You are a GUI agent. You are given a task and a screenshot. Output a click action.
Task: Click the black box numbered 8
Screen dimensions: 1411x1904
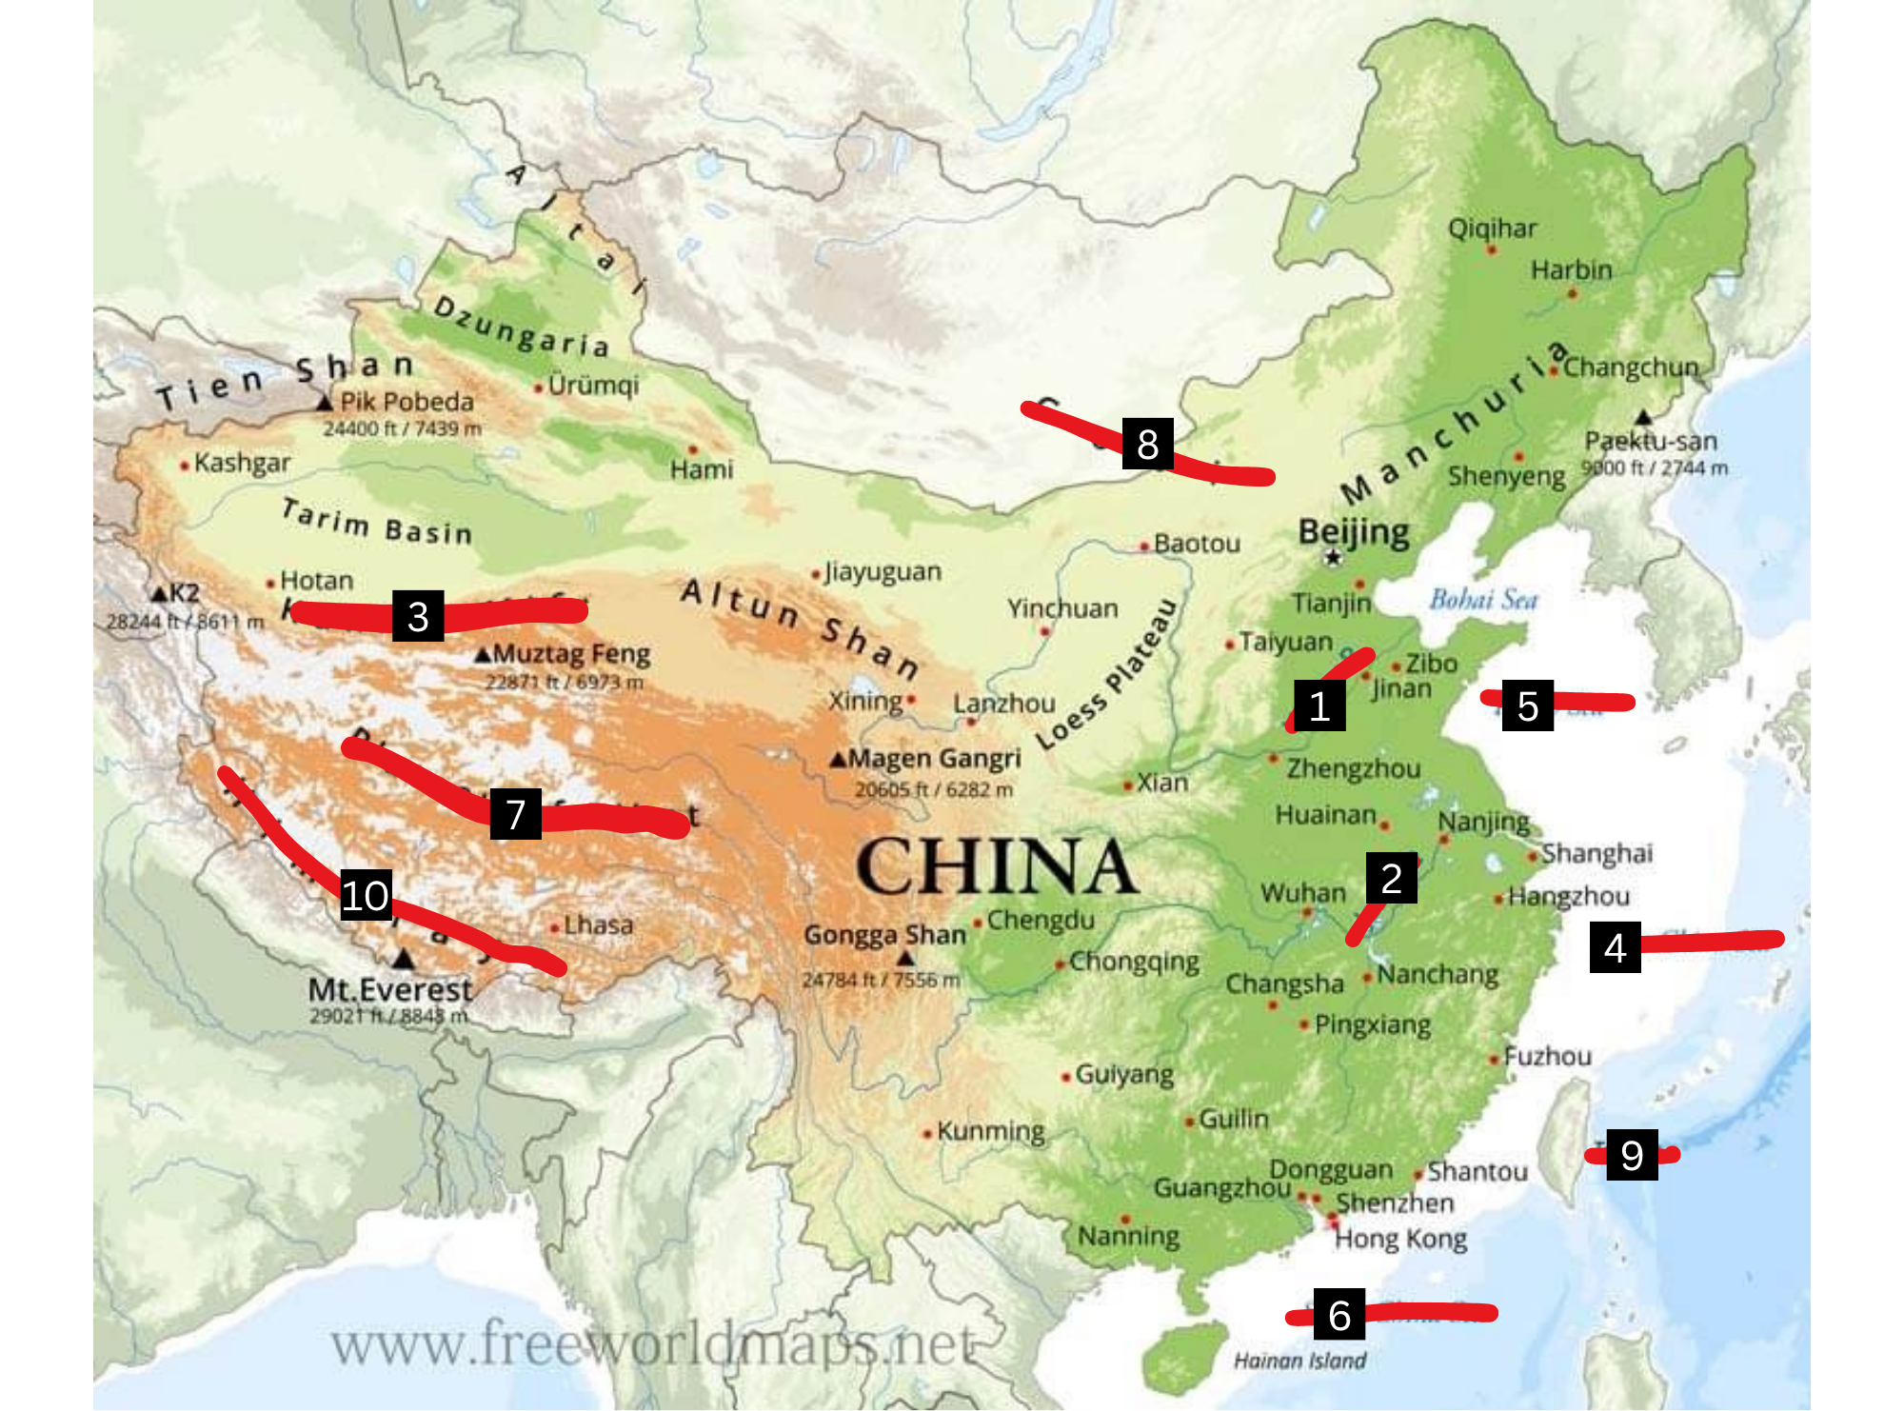(x=1147, y=444)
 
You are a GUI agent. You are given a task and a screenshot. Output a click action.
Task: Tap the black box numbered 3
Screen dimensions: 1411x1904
(x=417, y=616)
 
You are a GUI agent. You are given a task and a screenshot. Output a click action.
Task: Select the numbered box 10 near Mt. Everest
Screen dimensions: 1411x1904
(x=366, y=895)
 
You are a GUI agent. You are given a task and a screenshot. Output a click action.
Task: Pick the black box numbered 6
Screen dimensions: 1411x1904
(x=1339, y=1315)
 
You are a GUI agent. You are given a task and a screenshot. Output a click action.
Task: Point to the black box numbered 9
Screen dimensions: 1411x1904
(x=1632, y=1155)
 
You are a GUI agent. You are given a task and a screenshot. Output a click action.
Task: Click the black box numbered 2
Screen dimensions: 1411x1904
(x=1391, y=878)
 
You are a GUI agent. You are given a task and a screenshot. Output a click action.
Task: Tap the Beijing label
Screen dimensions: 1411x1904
(x=1354, y=531)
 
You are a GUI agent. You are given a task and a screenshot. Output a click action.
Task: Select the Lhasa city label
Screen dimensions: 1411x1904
(x=598, y=924)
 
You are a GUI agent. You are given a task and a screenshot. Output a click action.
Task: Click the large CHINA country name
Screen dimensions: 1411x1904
(x=996, y=866)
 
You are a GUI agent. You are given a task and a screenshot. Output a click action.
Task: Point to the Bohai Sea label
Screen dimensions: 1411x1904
(x=1482, y=600)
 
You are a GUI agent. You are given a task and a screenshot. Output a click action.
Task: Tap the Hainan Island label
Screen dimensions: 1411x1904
(x=1299, y=1361)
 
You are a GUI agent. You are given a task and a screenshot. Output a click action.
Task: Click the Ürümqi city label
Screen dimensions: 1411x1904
(x=593, y=386)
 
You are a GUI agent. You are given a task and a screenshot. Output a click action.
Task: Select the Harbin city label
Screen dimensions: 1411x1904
(x=1571, y=270)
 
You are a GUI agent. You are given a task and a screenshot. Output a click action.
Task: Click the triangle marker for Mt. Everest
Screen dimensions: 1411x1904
(x=404, y=959)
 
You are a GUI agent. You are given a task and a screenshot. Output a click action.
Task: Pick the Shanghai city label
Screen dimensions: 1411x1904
(x=1597, y=853)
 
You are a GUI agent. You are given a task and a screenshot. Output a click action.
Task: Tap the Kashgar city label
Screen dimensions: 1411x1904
(x=242, y=463)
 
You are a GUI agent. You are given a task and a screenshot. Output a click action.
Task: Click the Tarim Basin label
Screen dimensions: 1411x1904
(x=377, y=523)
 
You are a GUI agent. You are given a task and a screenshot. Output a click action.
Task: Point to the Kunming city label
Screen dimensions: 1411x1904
(x=990, y=1131)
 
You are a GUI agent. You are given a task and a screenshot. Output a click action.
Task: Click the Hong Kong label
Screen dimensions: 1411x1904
(x=1399, y=1239)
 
